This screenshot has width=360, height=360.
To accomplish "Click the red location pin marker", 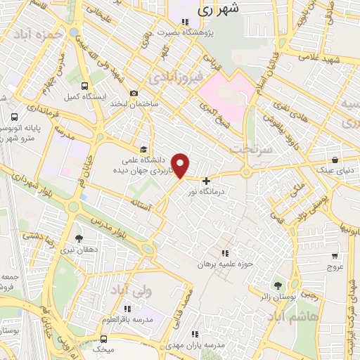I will [181, 166].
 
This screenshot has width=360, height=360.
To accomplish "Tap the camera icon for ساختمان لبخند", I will [134, 93].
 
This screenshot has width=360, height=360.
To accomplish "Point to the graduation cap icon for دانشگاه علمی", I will [143, 150].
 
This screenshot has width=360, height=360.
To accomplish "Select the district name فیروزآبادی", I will [169, 73].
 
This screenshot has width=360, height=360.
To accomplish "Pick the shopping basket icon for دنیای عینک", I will [335, 160].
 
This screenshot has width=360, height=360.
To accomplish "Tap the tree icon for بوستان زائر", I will [278, 285].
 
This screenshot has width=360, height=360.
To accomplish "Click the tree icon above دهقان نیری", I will [78, 239].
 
